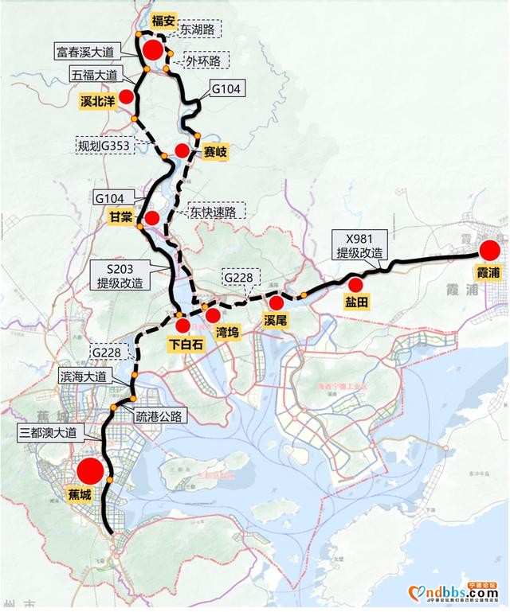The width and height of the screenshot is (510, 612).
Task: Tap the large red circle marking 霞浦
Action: (x=488, y=251)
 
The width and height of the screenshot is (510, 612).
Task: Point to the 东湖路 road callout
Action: (x=194, y=28)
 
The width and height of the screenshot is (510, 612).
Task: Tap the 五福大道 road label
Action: (x=94, y=76)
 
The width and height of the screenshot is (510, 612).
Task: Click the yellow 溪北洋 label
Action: (x=99, y=102)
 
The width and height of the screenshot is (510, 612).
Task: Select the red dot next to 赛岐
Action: (x=182, y=150)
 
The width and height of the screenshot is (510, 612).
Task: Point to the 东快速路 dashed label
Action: (x=216, y=212)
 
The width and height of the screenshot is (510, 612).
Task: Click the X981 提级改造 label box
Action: (x=360, y=244)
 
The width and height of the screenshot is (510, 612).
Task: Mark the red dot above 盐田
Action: (x=355, y=284)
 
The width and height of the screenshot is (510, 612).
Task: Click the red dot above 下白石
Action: (x=182, y=325)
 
